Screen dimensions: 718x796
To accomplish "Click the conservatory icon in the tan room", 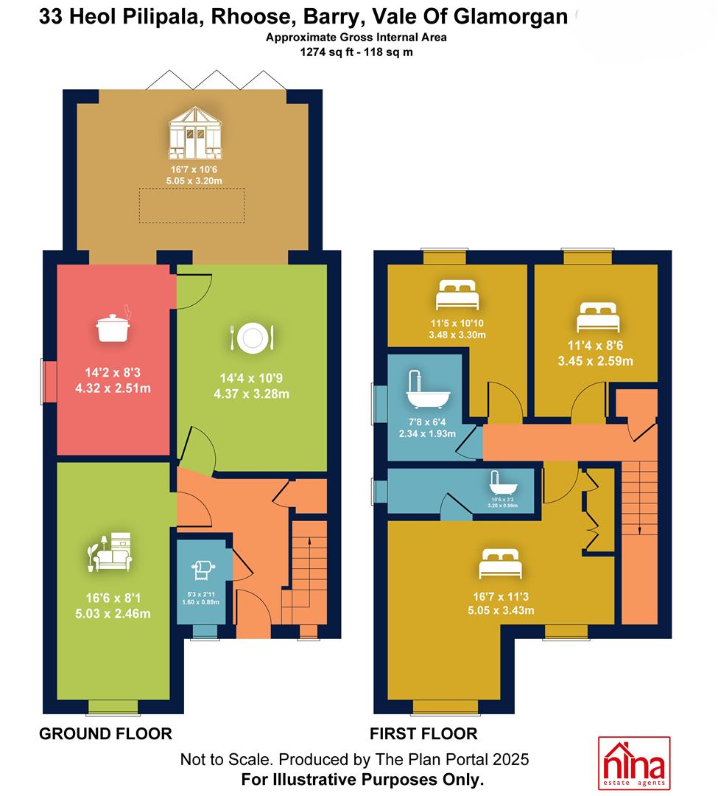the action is [195, 133].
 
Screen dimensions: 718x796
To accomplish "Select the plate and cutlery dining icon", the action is [252, 338].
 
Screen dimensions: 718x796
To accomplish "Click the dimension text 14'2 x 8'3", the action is [113, 373].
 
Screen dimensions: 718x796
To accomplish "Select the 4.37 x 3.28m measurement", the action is [252, 394].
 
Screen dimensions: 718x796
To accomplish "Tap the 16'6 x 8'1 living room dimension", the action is [113, 598].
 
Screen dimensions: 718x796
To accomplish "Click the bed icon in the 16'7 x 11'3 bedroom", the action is [501, 564].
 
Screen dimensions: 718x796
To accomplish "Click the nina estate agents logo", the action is [634, 763].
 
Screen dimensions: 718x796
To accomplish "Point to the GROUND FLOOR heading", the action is [105, 733].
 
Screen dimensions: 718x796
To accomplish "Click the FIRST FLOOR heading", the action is [423, 733].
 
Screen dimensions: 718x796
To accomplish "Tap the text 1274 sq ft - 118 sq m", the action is [356, 52].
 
